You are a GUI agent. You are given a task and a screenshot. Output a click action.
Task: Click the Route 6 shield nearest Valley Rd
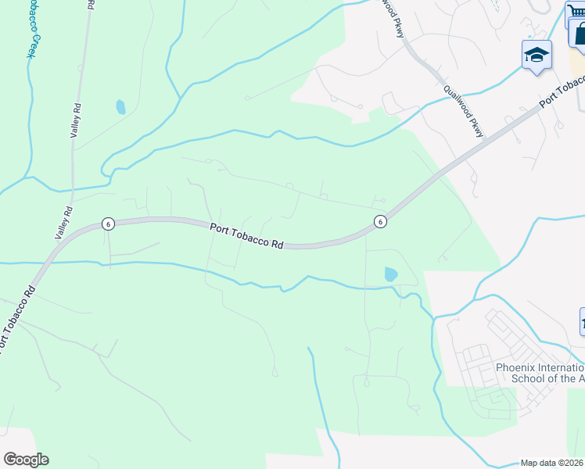click(x=108, y=224)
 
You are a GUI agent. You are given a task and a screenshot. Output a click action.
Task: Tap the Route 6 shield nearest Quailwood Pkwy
click(x=379, y=221)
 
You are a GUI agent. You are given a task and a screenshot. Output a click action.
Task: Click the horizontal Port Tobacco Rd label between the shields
click(x=246, y=235)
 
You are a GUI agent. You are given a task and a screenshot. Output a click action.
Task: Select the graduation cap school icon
click(x=537, y=55)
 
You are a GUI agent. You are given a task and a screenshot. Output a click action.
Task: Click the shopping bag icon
click(x=580, y=34)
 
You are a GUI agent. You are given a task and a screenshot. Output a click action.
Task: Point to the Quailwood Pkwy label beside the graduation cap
click(x=463, y=110)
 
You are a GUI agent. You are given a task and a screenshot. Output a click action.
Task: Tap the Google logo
click(x=26, y=460)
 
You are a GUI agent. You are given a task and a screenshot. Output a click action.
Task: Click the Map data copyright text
click(x=552, y=463)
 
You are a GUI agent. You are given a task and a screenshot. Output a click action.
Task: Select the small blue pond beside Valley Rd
click(x=120, y=106)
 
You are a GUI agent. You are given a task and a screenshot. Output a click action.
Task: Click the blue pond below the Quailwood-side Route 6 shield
click(x=390, y=274)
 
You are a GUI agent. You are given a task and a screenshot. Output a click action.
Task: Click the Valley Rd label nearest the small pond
click(x=77, y=122)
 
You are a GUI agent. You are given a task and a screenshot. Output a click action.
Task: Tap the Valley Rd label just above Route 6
click(x=63, y=222)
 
